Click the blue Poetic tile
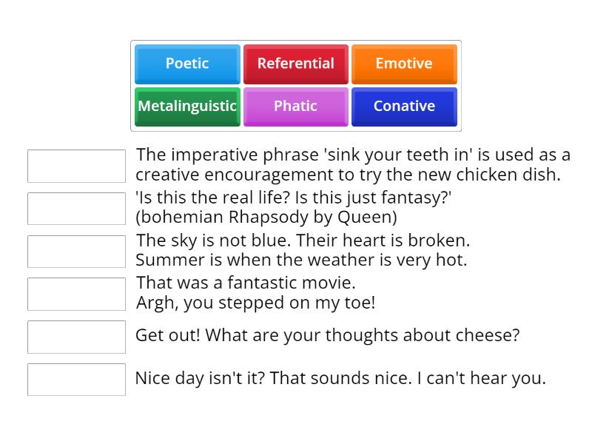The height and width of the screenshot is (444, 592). (x=187, y=64)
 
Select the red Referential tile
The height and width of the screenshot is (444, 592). (x=295, y=64)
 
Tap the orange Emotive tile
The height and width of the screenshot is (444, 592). (x=404, y=64)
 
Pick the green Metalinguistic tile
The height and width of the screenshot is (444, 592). (x=187, y=106)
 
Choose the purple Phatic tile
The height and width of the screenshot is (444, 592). (x=295, y=106)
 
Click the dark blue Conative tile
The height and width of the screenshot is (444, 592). (x=404, y=106)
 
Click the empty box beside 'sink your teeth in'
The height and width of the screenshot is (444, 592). (x=76, y=166)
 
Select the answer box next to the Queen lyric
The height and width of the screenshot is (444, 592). (x=76, y=209)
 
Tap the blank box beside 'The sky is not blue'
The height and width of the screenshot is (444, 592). (x=76, y=252)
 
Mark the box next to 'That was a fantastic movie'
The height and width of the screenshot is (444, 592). (x=76, y=294)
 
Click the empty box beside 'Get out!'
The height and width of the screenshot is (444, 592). (x=76, y=337)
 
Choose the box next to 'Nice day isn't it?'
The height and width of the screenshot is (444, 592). (x=76, y=380)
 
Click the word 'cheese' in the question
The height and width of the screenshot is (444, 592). (x=491, y=335)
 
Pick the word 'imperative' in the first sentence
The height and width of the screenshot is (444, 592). (x=214, y=155)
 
